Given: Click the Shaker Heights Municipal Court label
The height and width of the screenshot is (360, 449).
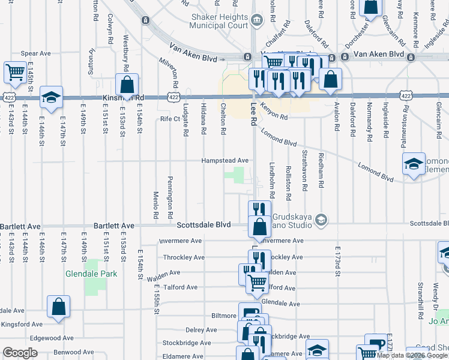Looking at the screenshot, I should pos(218,22).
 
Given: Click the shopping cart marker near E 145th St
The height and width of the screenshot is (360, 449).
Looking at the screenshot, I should pos(14,73).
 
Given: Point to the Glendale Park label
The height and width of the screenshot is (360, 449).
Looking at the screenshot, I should pos(92,274).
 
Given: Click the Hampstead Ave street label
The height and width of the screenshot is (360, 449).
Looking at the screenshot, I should pos(224,161).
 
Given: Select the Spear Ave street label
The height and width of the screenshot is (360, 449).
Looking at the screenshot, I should pos(35,54).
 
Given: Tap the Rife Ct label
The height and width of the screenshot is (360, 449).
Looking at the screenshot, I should pos(170,119).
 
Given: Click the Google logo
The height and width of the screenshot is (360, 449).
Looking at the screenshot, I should pos(20,353).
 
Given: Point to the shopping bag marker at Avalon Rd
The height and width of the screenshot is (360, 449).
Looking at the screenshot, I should pos(330,80).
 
